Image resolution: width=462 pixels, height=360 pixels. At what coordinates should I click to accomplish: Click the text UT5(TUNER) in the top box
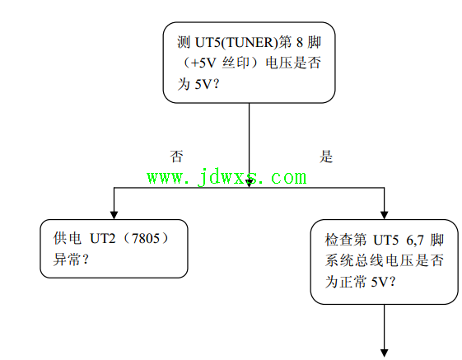click(x=236, y=43)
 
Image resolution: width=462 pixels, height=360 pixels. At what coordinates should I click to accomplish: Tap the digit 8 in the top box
click(x=300, y=43)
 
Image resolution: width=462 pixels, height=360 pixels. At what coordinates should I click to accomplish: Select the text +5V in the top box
click(x=203, y=63)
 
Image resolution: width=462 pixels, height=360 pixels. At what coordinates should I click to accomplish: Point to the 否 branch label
click(x=176, y=157)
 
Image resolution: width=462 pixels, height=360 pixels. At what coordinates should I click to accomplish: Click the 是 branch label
click(x=326, y=157)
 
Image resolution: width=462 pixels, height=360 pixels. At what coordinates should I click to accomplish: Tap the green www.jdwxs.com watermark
click(x=226, y=177)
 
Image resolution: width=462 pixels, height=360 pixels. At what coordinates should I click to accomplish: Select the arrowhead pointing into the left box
click(x=114, y=215)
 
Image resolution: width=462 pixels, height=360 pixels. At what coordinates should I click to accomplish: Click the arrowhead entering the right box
click(x=385, y=215)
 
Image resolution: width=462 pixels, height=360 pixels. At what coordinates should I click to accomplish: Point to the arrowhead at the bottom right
click(x=385, y=353)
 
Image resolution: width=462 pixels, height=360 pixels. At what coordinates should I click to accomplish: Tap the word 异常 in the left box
click(x=68, y=259)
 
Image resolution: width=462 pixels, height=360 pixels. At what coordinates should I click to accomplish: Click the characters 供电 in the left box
click(x=68, y=238)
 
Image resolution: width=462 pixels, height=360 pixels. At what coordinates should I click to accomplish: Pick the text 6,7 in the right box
click(x=415, y=241)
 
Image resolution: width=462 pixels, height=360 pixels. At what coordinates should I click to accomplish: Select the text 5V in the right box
click(x=379, y=283)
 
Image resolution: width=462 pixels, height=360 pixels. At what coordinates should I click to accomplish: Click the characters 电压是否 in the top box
click(x=293, y=63)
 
